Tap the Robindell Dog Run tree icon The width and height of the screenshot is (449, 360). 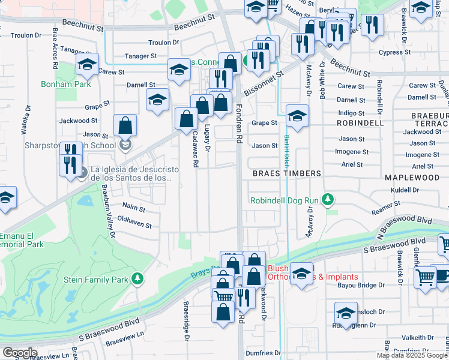point(327,199)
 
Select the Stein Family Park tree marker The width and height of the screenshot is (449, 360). point(137,279)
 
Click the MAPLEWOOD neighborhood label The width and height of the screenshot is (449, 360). point(412,178)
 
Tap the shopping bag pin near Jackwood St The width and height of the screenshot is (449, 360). point(125,127)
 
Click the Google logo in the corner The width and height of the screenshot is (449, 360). point(19,353)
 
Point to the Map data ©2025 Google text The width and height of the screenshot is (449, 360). point(412,355)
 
